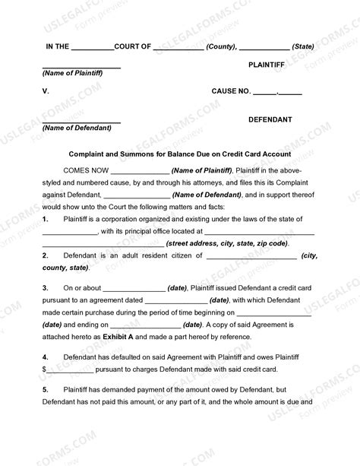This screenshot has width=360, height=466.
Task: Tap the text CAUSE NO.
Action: click(x=230, y=91)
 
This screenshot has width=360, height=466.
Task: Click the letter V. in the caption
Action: click(x=46, y=91)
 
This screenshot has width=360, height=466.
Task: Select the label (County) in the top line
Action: click(x=224, y=46)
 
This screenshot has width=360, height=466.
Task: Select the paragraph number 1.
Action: click(x=45, y=220)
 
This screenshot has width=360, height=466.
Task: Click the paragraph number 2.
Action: click(x=45, y=256)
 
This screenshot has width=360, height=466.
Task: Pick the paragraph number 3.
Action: click(x=45, y=288)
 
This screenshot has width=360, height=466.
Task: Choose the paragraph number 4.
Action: click(x=45, y=356)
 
